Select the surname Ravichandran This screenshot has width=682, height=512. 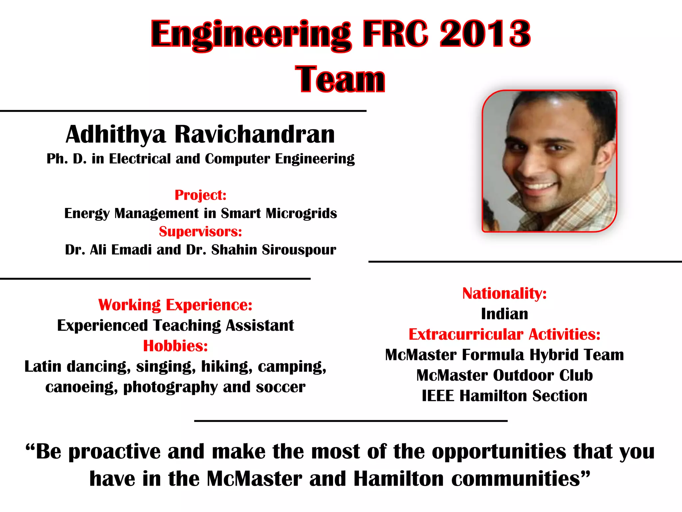tap(254, 134)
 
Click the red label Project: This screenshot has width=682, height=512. tap(200, 195)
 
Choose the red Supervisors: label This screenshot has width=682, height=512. tap(200, 232)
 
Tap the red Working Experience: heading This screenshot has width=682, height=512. tap(175, 305)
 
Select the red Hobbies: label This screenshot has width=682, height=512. tap(175, 346)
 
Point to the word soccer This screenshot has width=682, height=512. tap(280, 387)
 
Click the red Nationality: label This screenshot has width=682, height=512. tap(505, 294)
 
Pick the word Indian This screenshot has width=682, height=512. tap(505, 314)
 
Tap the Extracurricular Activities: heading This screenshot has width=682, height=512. tap(505, 334)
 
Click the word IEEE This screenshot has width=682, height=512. tap(438, 396)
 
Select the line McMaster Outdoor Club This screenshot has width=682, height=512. tap(505, 375)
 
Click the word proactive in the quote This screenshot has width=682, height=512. tap(114, 452)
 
